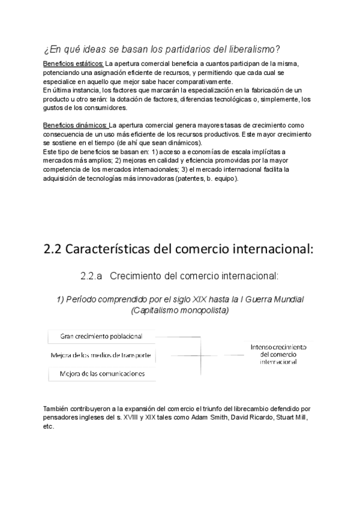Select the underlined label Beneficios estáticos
[74, 64]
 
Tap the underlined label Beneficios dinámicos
[75, 125]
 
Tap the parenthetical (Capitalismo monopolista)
[179, 310]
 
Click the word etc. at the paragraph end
[49, 426]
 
